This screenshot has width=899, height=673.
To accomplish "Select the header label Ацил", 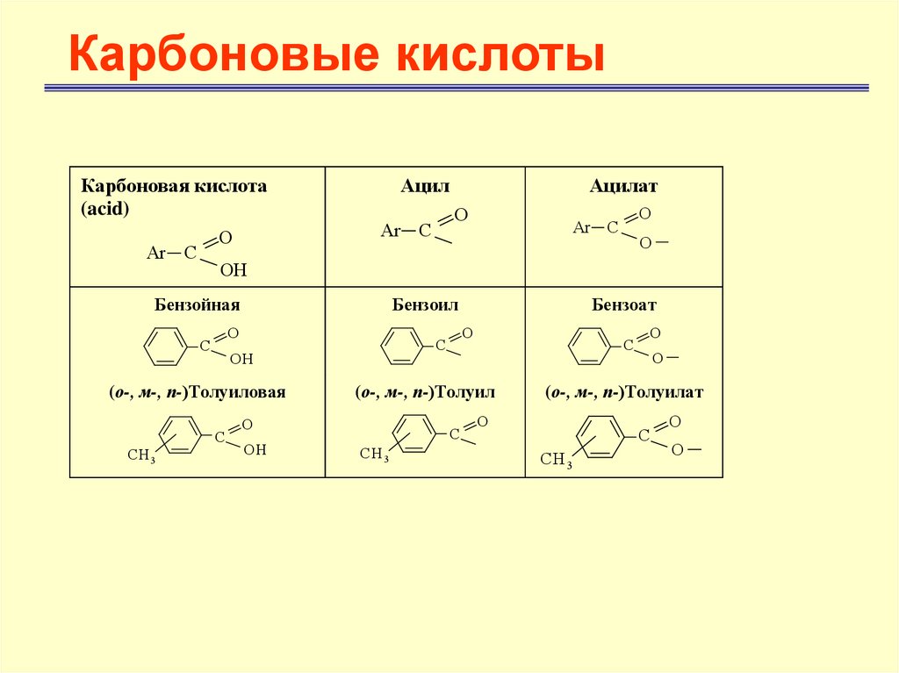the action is (x=425, y=186).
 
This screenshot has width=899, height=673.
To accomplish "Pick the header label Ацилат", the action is (x=623, y=186).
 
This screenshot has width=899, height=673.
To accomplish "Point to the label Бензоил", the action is (x=425, y=305).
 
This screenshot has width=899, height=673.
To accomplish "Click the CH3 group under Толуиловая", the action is (x=140, y=455).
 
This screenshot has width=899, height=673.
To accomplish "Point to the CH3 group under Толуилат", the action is (x=556, y=458).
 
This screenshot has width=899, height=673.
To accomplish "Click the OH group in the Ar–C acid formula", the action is (x=233, y=270).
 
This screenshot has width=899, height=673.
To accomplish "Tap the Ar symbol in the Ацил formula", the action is (x=390, y=231).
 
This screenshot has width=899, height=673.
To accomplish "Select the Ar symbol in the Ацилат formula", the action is (x=581, y=228).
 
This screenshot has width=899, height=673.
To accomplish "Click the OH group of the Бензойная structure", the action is (x=241, y=359).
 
